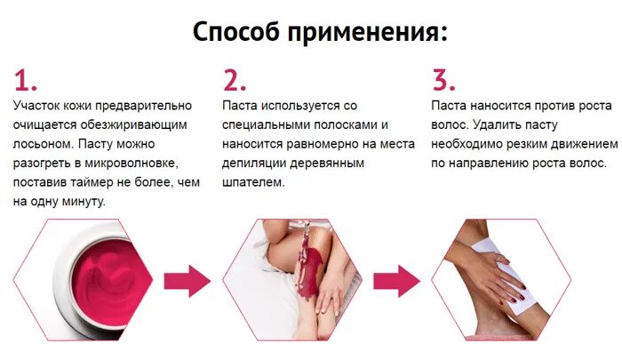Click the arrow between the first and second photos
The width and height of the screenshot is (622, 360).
point(187,280)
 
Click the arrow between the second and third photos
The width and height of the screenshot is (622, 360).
point(395,280)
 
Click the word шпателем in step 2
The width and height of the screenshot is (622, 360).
point(253,183)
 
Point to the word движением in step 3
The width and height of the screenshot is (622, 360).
point(578,144)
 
